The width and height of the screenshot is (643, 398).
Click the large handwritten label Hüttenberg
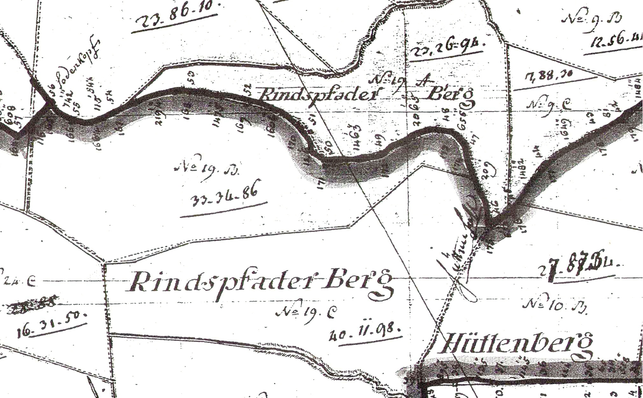tap(515, 345)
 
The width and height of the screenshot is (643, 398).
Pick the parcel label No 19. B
tap(206, 170)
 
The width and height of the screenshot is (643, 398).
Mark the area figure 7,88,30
tap(546, 78)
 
